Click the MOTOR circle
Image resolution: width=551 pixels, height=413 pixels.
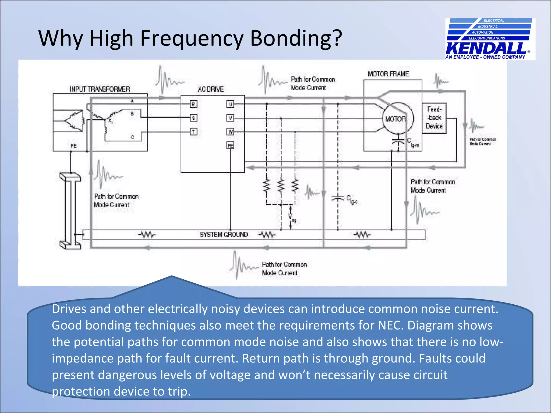click(x=398, y=119)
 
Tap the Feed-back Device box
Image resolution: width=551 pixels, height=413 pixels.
click(x=434, y=118)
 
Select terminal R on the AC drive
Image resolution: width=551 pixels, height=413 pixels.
click(x=193, y=104)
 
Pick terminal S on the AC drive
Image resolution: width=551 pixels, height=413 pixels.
click(x=193, y=118)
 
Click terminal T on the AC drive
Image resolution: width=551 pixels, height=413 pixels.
click(x=193, y=131)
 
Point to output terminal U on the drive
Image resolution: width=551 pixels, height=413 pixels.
click(x=230, y=104)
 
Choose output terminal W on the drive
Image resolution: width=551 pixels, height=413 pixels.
click(x=230, y=131)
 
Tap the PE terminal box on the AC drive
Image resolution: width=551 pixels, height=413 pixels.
click(x=230, y=145)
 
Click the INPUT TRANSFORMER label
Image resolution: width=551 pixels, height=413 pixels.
click(x=100, y=89)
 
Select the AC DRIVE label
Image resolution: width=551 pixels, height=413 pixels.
click(x=211, y=89)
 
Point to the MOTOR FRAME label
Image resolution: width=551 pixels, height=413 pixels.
click(x=388, y=74)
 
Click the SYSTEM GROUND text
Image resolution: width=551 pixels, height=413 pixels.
click(x=224, y=234)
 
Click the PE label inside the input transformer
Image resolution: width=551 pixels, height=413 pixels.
click(x=73, y=146)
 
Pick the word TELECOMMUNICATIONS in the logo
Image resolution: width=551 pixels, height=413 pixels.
click(x=486, y=38)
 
